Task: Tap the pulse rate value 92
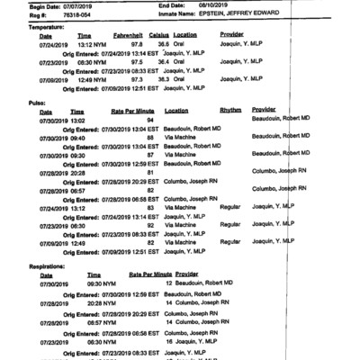click(150, 225)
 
